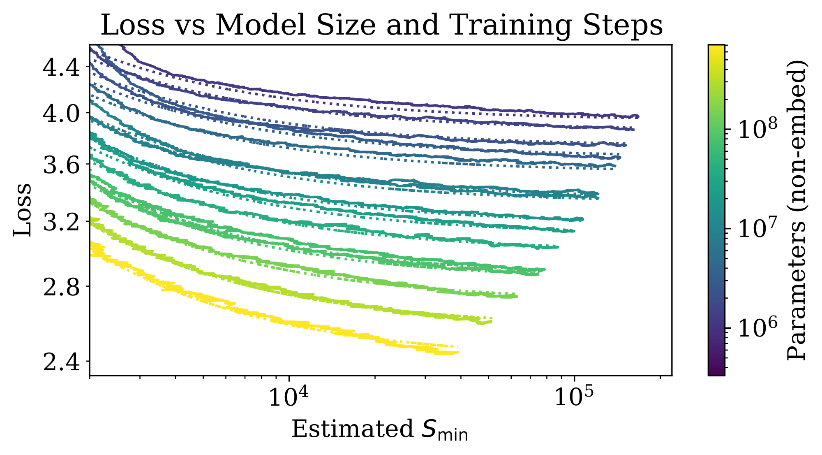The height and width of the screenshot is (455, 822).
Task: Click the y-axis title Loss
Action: [x=23, y=210]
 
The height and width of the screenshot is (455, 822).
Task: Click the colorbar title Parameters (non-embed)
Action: [x=797, y=210]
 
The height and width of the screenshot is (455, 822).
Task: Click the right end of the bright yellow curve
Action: [x=457, y=352]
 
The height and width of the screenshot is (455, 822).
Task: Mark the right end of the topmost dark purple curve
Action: [x=637, y=116]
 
